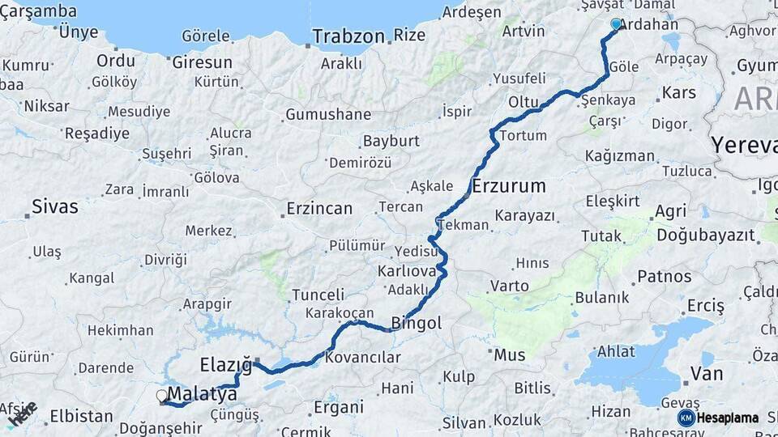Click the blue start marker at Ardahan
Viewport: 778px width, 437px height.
(x=616, y=24)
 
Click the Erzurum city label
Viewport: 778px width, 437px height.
(x=508, y=186)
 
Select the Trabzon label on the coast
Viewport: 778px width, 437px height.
(x=348, y=36)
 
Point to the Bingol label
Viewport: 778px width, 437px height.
(x=417, y=324)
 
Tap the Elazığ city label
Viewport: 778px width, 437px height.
(x=226, y=362)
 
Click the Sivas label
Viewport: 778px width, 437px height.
(x=55, y=206)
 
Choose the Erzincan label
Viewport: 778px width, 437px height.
(x=319, y=209)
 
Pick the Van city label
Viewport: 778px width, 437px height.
(x=707, y=374)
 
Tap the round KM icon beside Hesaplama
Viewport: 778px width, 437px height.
(x=686, y=418)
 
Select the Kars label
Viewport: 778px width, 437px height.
(x=678, y=93)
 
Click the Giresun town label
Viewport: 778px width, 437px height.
(x=202, y=62)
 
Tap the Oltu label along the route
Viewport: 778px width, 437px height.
(x=524, y=103)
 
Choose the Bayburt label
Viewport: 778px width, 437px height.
(x=391, y=141)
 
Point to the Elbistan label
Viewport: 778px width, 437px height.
(x=81, y=416)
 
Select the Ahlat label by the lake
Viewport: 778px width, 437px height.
(x=616, y=351)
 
